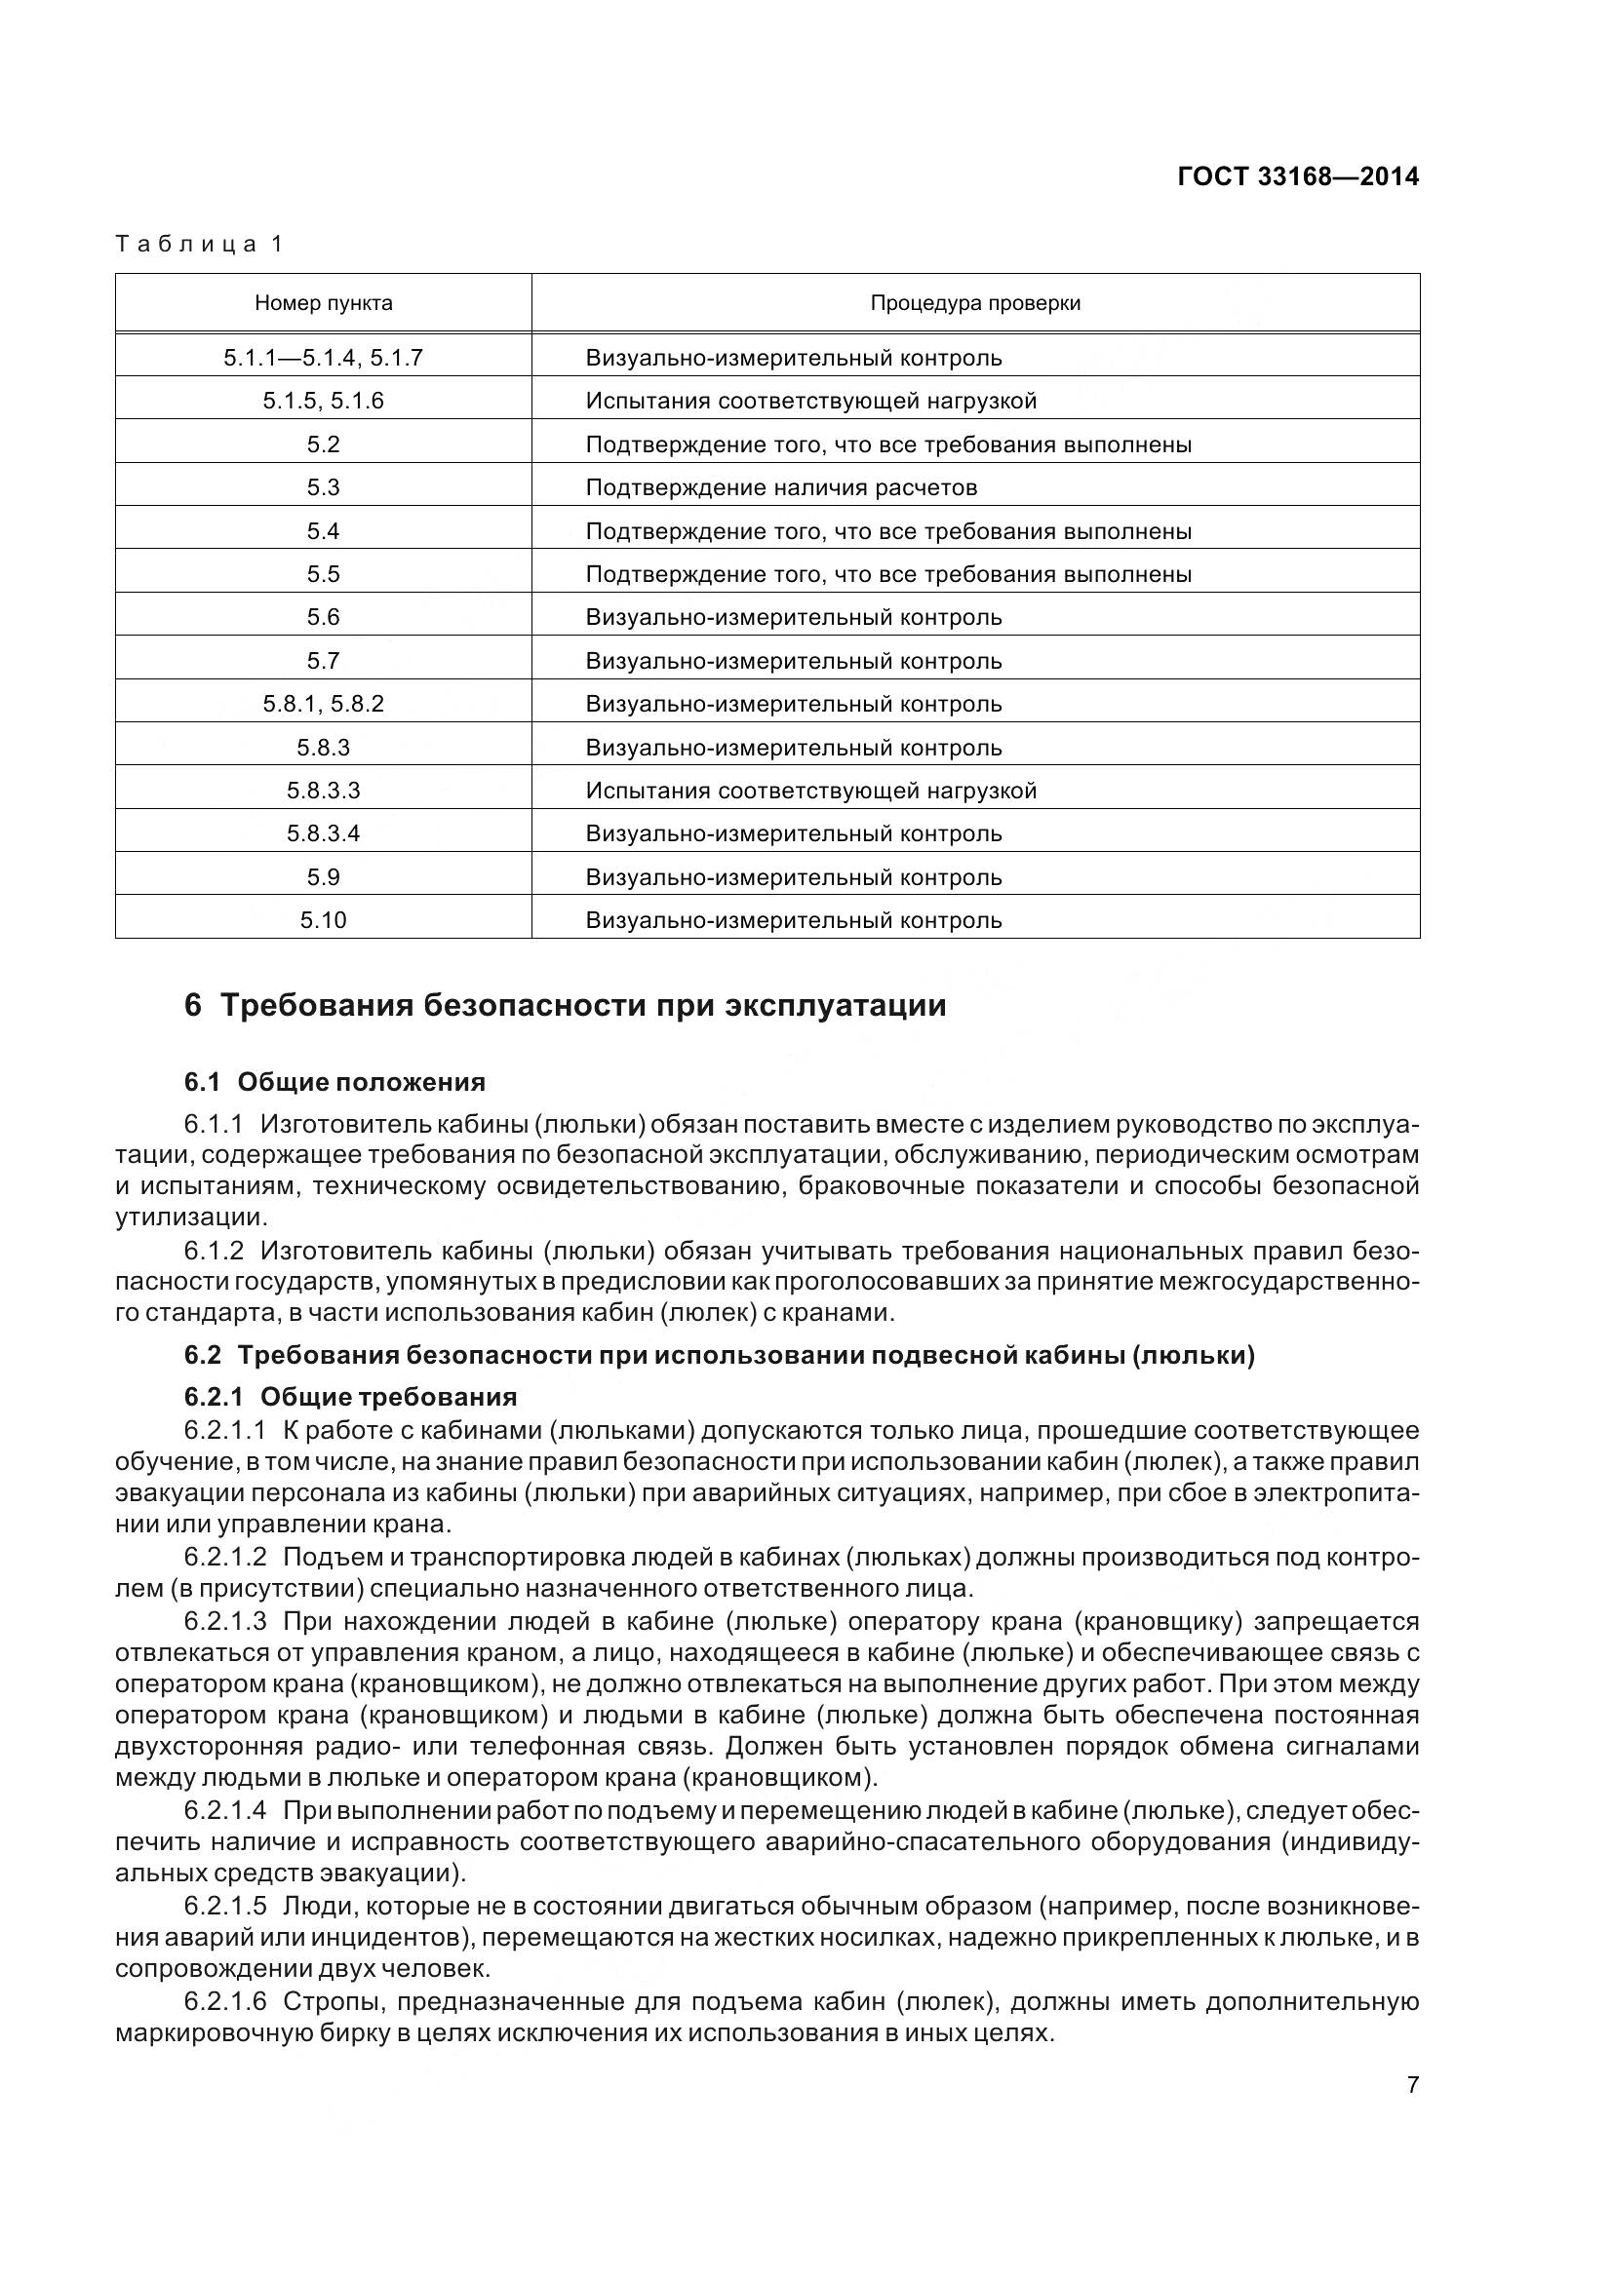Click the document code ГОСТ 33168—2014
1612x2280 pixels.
pyautogui.click(x=1297, y=176)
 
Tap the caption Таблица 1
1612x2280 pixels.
pyautogui.click(x=200, y=245)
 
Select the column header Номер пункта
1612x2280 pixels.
pyautogui.click(x=323, y=303)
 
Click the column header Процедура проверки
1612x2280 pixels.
pyautogui.click(x=974, y=303)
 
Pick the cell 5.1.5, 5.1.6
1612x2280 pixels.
pyautogui.click(x=323, y=402)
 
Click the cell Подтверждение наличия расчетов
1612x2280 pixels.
pyautogui.click(x=781, y=487)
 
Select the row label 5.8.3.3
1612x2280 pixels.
pyautogui.click(x=323, y=791)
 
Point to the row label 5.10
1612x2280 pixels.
pyautogui.click(x=323, y=920)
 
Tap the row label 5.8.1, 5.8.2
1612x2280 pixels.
pyautogui.click(x=323, y=704)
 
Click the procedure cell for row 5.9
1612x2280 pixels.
pyautogui.click(x=793, y=877)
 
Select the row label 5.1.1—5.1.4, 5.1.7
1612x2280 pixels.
pyautogui.click(x=323, y=358)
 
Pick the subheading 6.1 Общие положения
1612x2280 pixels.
pyautogui.click(x=334, y=1081)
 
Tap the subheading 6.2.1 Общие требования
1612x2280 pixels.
pyautogui.click(x=351, y=1396)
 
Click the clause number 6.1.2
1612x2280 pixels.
pyautogui.click(x=214, y=1251)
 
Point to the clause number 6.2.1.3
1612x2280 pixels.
pyautogui.click(x=225, y=1622)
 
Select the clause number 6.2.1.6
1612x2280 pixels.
pyautogui.click(x=225, y=2002)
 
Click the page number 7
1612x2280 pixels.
pyautogui.click(x=1412, y=2085)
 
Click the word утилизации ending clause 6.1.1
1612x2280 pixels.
pyautogui.click(x=189, y=1217)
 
